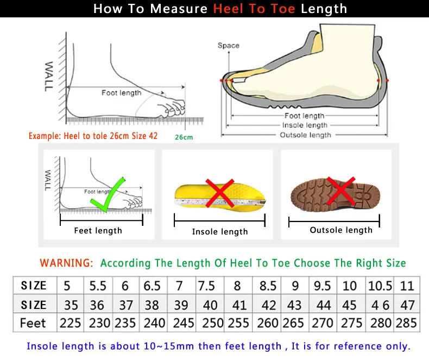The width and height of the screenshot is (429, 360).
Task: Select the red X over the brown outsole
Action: (x=342, y=192)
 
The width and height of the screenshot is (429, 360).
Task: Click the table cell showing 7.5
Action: (x=206, y=286)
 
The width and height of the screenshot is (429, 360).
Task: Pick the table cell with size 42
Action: (x=268, y=305)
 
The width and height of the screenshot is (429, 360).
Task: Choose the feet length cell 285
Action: (x=406, y=323)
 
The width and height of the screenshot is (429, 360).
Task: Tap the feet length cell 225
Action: (x=70, y=323)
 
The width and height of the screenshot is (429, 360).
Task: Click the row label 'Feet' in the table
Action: (x=33, y=323)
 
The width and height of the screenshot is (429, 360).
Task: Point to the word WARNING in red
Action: (x=66, y=263)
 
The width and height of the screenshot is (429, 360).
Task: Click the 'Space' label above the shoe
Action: (x=228, y=46)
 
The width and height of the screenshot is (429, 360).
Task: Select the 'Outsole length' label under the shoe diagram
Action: (x=305, y=135)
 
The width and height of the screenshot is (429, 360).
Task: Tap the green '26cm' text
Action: (x=184, y=137)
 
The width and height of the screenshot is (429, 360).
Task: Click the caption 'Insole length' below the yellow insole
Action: (x=220, y=232)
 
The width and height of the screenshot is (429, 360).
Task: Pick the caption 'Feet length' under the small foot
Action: (x=98, y=231)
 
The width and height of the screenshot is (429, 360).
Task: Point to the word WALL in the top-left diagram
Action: (x=49, y=75)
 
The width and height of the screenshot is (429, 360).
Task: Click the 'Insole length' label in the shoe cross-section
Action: (x=305, y=125)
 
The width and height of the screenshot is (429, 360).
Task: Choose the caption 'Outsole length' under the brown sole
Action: (x=341, y=230)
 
